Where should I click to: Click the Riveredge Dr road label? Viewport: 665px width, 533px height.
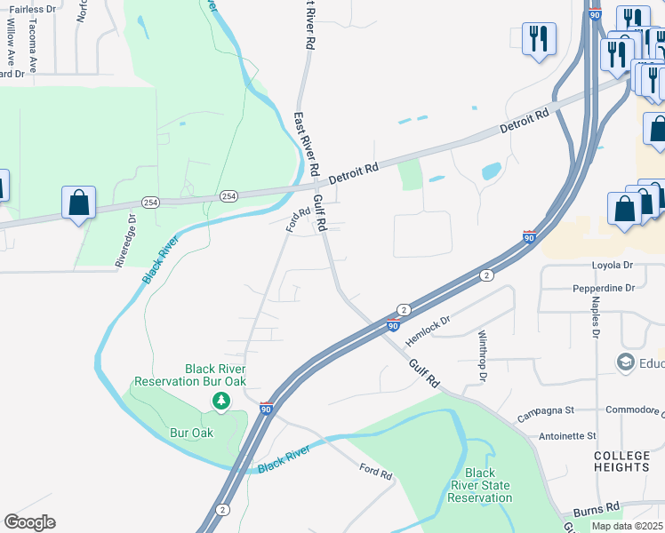[x=124, y=240]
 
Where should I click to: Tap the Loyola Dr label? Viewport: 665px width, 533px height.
[x=613, y=265]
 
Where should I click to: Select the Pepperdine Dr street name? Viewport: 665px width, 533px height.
[x=604, y=289]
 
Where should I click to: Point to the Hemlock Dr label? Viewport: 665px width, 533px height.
[x=429, y=331]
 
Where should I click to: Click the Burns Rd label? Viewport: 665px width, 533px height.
[x=596, y=510]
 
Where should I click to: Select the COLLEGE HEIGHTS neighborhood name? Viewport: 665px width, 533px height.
[x=622, y=461]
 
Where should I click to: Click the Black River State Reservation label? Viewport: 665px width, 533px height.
[x=480, y=486]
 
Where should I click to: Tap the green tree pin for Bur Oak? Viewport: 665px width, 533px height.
[x=220, y=402]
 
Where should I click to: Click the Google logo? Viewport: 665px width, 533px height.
[x=29, y=522]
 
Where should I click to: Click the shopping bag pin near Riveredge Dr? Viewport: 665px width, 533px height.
[x=79, y=203]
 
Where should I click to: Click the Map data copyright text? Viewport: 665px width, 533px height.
[x=628, y=526]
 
